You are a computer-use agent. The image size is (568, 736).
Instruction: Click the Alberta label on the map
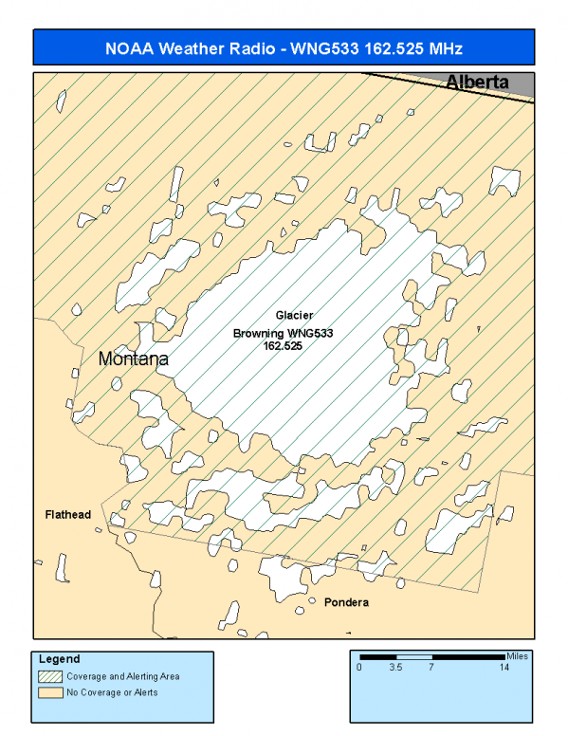pyautogui.click(x=477, y=83)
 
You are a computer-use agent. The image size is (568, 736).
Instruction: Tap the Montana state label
pyautogui.click(x=134, y=360)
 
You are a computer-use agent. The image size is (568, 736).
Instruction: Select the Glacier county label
pyautogui.click(x=294, y=315)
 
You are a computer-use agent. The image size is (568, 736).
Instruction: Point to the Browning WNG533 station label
pyautogui.click(x=284, y=334)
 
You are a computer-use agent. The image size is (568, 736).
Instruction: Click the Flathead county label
pyautogui.click(x=68, y=515)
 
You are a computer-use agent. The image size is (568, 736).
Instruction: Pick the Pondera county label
pyautogui.click(x=346, y=603)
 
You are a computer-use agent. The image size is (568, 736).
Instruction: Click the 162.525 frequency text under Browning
pyautogui.click(x=284, y=346)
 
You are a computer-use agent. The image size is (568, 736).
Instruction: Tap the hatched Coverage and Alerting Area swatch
pyautogui.click(x=50, y=676)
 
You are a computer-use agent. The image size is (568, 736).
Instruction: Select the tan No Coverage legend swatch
pyautogui.click(x=50, y=692)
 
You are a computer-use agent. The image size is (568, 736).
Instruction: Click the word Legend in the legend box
pyautogui.click(x=60, y=659)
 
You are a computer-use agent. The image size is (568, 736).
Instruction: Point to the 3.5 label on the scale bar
pyautogui.click(x=397, y=668)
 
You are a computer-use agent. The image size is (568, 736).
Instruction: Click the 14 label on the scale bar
pyautogui.click(x=504, y=668)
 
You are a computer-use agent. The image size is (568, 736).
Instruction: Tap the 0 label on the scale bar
pyautogui.click(x=360, y=668)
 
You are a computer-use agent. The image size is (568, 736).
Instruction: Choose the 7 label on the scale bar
pyautogui.click(x=432, y=668)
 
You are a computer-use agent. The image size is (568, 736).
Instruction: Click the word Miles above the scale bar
pyautogui.click(x=517, y=654)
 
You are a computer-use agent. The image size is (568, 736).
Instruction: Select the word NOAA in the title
pyautogui.click(x=127, y=47)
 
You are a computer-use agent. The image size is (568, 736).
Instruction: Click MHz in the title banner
pyautogui.click(x=443, y=47)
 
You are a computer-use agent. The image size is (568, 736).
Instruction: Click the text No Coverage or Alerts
pyautogui.click(x=112, y=692)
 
